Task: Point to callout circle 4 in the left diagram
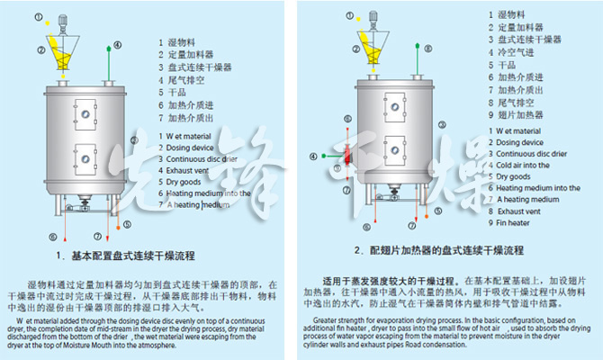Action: point(121,44)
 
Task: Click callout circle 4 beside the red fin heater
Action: point(313,156)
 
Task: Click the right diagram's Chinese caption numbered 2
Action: point(438,249)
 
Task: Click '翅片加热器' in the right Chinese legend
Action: point(519,116)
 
